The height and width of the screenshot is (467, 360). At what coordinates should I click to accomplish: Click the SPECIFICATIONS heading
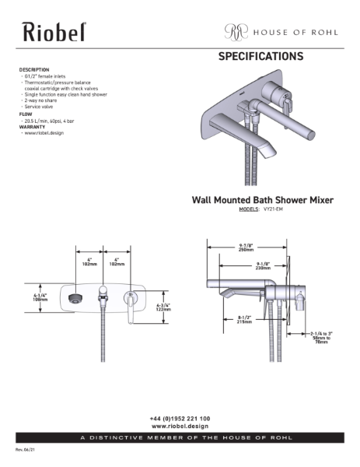click(x=260, y=57)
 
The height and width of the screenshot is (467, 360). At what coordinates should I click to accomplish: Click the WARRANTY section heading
click(x=34, y=127)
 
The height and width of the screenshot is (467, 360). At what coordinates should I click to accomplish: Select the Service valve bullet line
click(x=42, y=107)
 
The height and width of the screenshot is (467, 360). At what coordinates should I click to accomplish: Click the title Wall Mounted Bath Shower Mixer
click(x=262, y=200)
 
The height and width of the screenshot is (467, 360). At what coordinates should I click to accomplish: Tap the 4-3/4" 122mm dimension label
click(x=164, y=307)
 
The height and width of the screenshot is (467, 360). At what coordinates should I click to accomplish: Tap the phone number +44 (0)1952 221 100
click(x=180, y=419)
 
